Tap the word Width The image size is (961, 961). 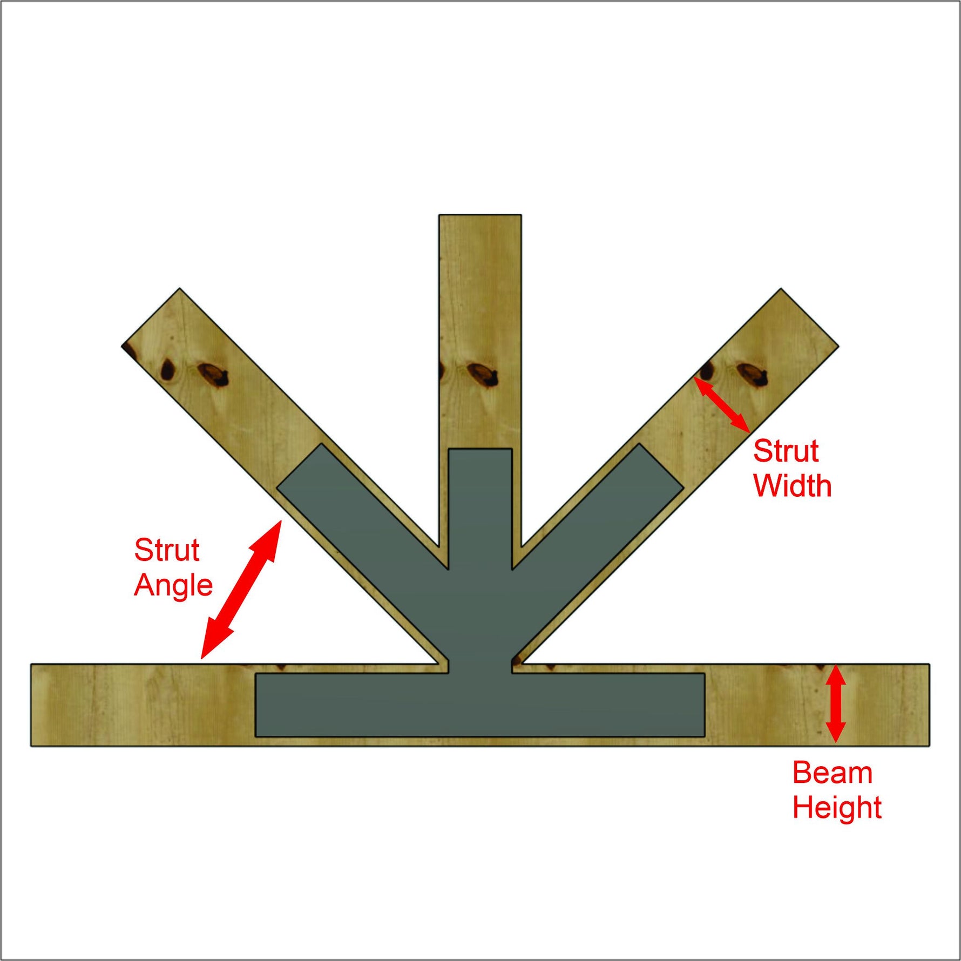[x=792, y=486]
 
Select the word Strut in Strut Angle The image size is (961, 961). [x=167, y=551]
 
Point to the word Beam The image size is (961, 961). [x=832, y=773]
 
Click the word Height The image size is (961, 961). [x=837, y=808]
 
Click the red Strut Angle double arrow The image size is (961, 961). [x=240, y=590]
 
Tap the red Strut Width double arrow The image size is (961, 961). [x=722, y=405]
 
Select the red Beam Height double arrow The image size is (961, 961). [x=836, y=703]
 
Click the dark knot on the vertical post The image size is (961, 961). [x=482, y=374]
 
